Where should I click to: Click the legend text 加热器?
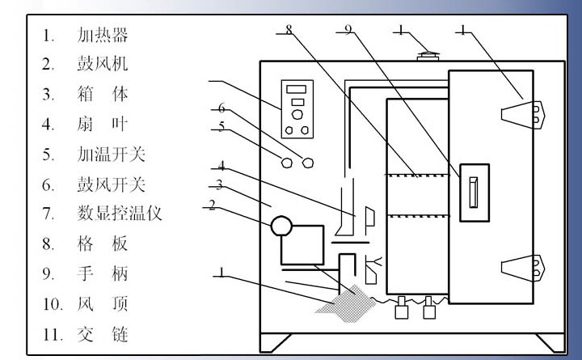point(103,35)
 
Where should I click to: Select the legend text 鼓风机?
point(103,64)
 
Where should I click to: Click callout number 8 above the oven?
point(289,30)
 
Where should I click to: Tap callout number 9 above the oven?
point(348,30)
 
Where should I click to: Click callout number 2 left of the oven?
point(212,205)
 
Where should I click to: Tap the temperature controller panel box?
point(296,108)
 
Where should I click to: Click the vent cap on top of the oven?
point(427,55)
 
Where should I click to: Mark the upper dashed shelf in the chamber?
point(417,176)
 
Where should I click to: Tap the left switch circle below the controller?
point(286,162)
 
